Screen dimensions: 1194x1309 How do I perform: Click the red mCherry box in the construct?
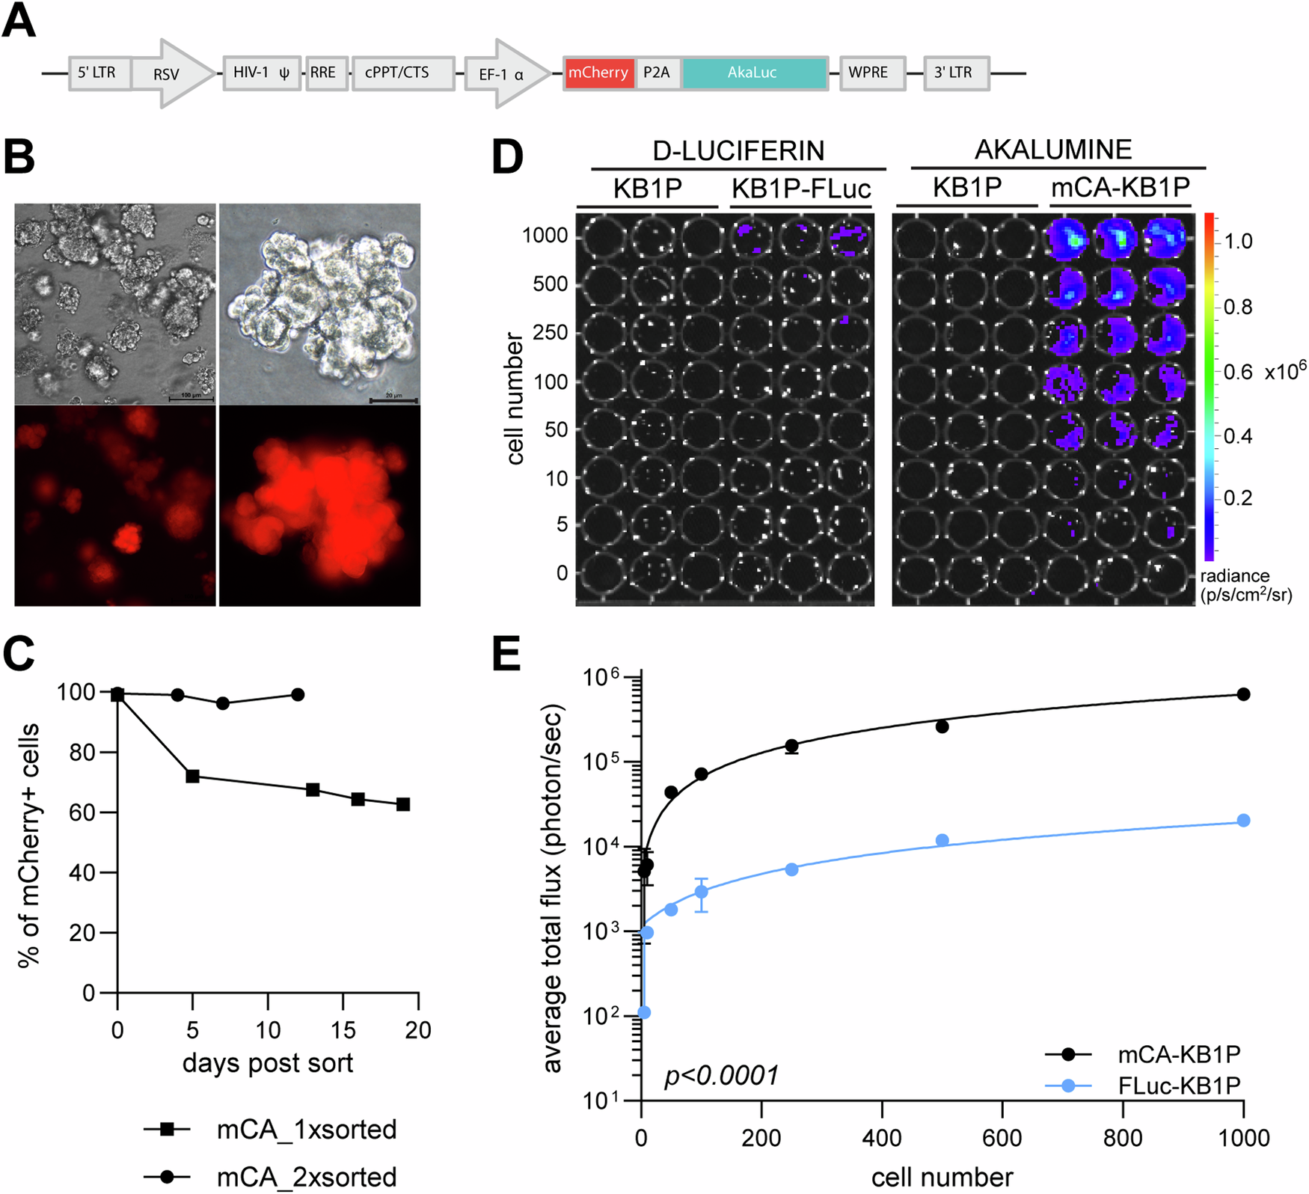click(x=598, y=73)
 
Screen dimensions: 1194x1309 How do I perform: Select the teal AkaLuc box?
click(x=753, y=73)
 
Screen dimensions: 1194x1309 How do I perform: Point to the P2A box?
click(x=657, y=73)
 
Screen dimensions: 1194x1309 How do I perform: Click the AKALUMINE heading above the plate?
click(x=1053, y=150)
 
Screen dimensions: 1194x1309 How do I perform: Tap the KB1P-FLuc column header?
click(x=801, y=189)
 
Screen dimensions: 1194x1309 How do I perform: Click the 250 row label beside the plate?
click(x=551, y=332)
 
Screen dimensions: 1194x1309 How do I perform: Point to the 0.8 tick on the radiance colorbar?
click(x=1238, y=307)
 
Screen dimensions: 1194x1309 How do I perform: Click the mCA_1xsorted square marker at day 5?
click(x=193, y=776)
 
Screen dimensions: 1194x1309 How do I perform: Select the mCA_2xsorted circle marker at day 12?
click(x=298, y=694)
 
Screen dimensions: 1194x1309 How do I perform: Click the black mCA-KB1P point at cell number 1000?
click(x=1243, y=694)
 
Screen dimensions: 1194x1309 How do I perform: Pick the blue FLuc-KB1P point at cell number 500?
click(x=942, y=840)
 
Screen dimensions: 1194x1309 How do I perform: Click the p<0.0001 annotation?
click(x=722, y=1076)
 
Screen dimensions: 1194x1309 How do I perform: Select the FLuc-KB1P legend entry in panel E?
click(x=1179, y=1086)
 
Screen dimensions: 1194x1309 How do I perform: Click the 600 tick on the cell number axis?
click(x=1002, y=1138)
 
